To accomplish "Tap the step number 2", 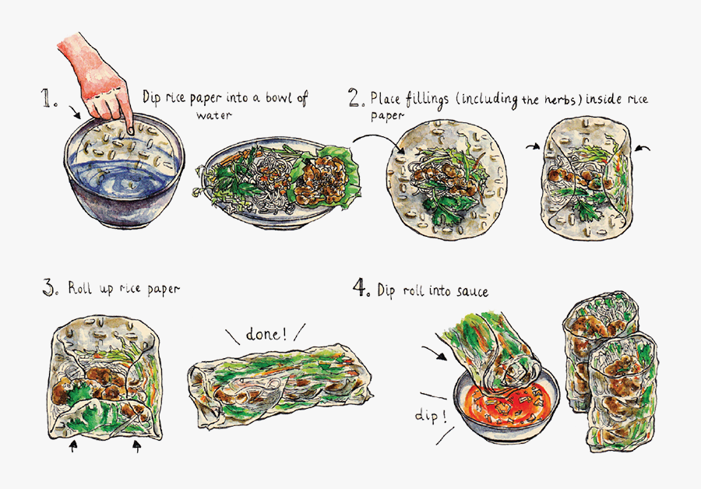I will tap(357, 98).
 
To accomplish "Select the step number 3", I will tap(48, 289).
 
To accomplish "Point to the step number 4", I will tap(360, 290).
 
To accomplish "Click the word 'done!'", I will tap(266, 336).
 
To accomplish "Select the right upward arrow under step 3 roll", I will tap(137, 447).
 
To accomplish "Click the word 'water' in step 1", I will tap(215, 117).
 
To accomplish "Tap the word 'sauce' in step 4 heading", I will tap(470, 291).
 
